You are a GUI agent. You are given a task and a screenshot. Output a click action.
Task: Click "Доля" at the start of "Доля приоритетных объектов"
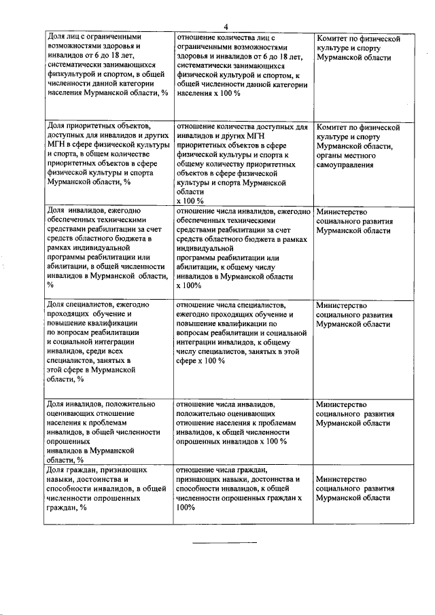[x=56, y=126]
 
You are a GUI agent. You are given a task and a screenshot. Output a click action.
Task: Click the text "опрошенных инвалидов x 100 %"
[x=232, y=441]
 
